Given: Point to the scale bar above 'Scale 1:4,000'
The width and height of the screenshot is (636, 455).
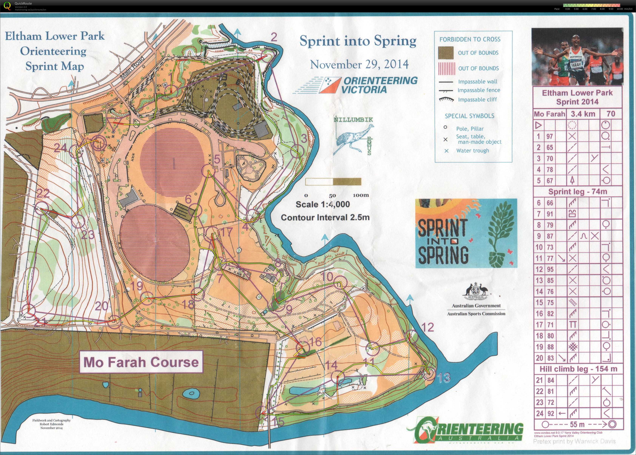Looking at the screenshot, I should pos(333,182).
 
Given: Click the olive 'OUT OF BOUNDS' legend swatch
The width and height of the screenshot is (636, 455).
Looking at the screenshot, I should pos(445,53).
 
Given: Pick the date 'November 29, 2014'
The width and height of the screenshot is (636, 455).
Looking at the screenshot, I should pos(359,64).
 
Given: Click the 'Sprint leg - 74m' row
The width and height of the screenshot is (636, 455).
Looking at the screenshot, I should pos(577,192).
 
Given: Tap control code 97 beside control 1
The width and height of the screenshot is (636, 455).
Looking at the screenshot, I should pos(550,136).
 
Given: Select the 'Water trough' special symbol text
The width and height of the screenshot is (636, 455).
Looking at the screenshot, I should pos(472,151).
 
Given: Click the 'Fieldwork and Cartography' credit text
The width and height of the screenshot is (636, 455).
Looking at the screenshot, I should pos(52,420).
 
